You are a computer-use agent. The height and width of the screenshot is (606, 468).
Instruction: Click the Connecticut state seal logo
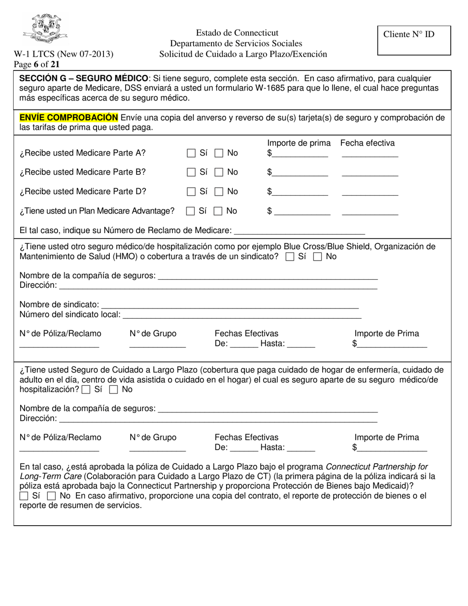pyautogui.click(x=45, y=30)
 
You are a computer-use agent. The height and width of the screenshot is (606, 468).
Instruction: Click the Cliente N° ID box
pyautogui.click(x=414, y=40)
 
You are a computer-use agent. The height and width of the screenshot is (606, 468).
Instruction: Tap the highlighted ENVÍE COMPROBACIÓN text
pyautogui.click(x=68, y=117)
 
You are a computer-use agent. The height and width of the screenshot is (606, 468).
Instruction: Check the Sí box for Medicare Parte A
pyautogui.click(x=191, y=153)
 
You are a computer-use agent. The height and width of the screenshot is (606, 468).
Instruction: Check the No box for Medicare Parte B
pyautogui.click(x=219, y=172)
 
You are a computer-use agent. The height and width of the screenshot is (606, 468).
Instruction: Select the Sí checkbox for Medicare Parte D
pyautogui.click(x=191, y=192)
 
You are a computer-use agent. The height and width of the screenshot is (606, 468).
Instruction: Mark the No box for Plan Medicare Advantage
pyautogui.click(x=218, y=211)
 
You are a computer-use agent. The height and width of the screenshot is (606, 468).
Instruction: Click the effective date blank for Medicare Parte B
pyautogui.click(x=369, y=173)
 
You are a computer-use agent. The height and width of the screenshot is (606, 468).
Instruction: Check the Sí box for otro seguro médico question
pyautogui.click(x=290, y=257)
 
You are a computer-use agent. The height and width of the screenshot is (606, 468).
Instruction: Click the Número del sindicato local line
pyautogui.click(x=241, y=315)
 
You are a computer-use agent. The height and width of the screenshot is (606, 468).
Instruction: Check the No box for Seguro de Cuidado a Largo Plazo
pyautogui.click(x=114, y=390)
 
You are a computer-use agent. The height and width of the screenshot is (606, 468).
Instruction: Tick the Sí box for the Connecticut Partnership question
pyautogui.click(x=24, y=496)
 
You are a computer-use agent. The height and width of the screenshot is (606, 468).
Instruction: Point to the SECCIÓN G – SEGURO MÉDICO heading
pyautogui.click(x=83, y=79)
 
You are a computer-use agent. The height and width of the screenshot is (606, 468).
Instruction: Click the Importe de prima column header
pyautogui.click(x=299, y=143)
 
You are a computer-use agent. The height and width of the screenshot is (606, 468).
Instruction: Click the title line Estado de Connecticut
pyautogui.click(x=237, y=33)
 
